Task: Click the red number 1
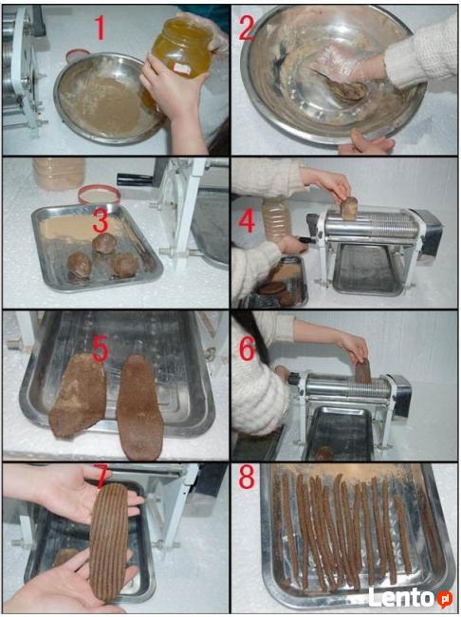(101, 28)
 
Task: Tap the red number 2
(247, 28)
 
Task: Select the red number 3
(101, 221)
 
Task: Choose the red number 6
(247, 348)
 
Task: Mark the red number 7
(101, 477)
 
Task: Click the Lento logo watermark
(410, 598)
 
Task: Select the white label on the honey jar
(182, 69)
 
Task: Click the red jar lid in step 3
(99, 194)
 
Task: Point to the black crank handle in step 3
(135, 178)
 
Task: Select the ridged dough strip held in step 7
(109, 541)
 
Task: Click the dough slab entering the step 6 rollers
(363, 372)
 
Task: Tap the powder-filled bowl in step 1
(107, 99)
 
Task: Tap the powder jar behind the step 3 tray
(59, 173)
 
